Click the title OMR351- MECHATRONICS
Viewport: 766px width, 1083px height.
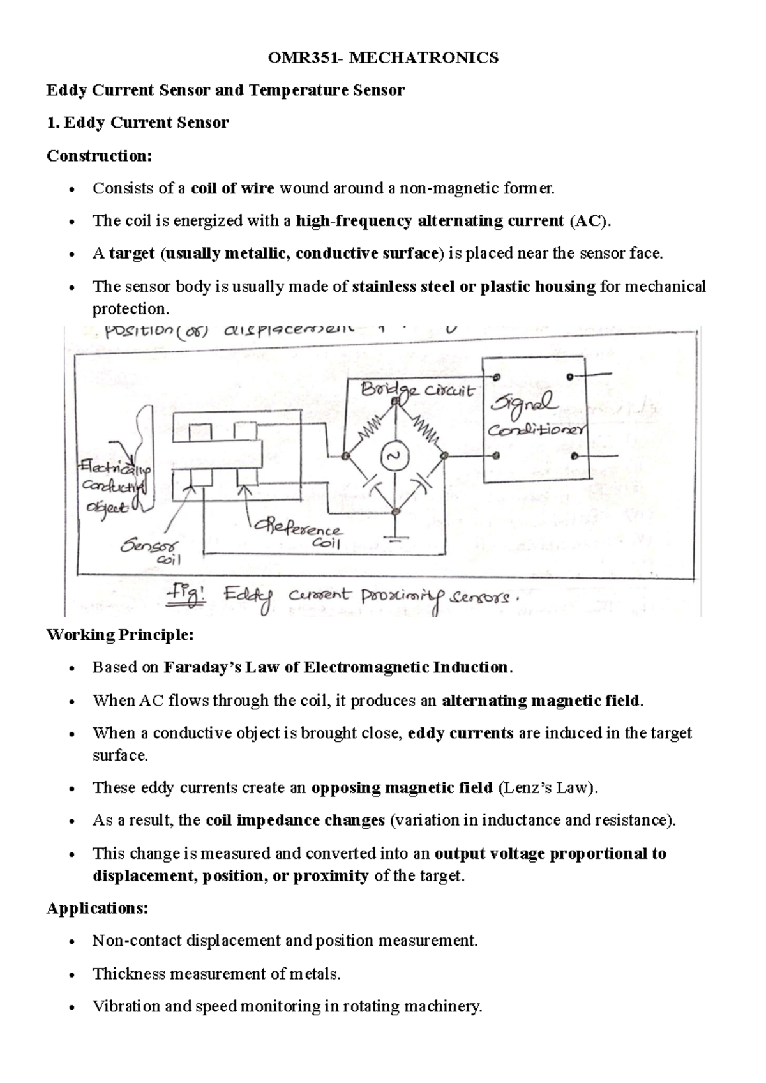pyautogui.click(x=383, y=58)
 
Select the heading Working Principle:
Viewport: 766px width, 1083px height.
pyautogui.click(x=119, y=635)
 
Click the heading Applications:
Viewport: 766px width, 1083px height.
pyautogui.click(x=97, y=908)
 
